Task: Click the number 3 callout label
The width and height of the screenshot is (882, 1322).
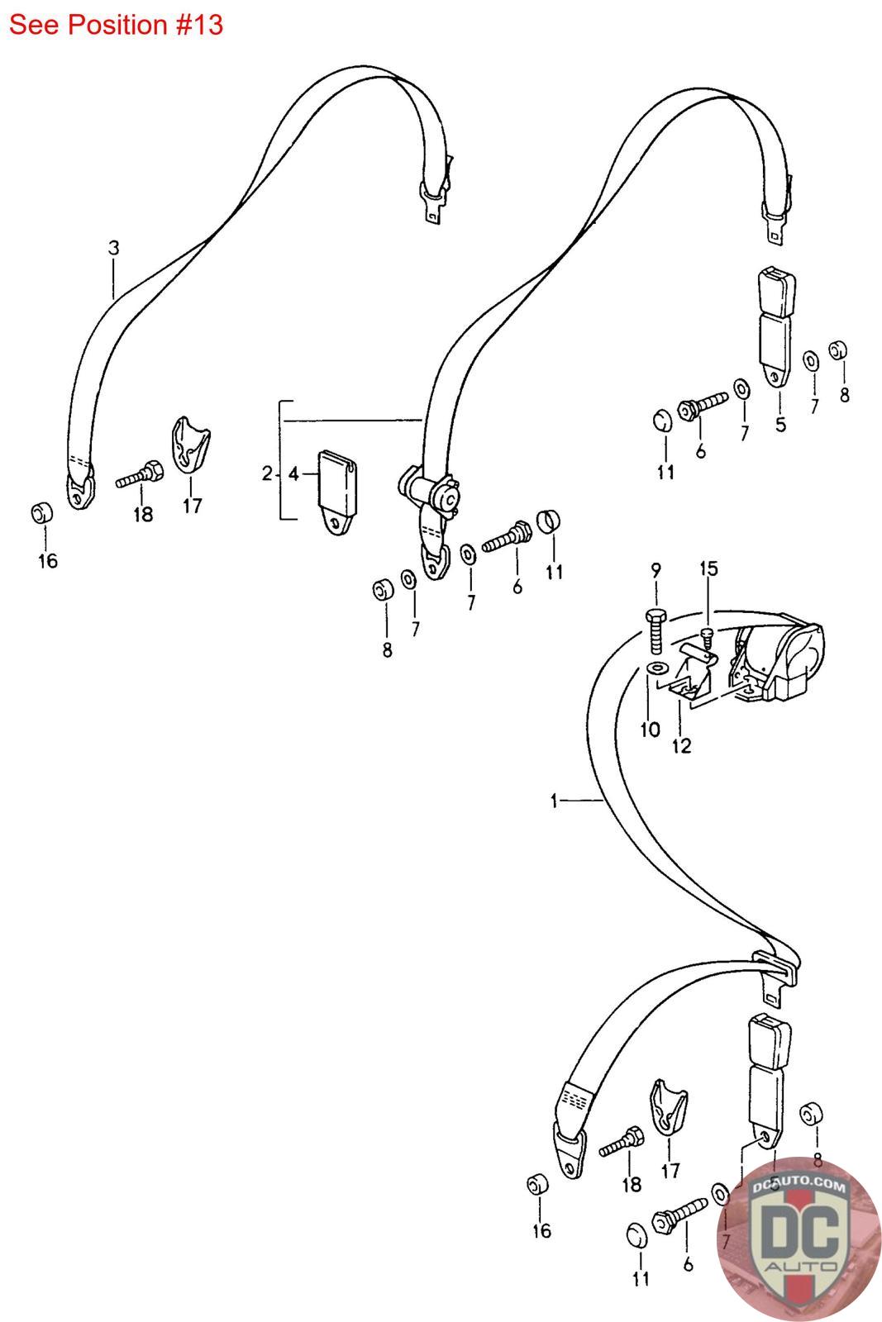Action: coord(114,247)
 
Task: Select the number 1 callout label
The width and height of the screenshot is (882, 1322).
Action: coord(555,800)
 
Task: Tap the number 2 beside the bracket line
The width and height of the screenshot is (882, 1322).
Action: coord(267,473)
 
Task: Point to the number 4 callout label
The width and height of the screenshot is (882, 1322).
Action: coord(293,474)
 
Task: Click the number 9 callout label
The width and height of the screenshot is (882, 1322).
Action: coord(656,569)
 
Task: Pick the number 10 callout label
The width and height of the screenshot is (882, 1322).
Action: coord(650,729)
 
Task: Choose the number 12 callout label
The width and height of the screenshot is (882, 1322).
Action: coord(681,746)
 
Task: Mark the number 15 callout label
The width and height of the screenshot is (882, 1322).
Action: coord(709,568)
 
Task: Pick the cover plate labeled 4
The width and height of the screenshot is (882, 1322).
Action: coord(337,491)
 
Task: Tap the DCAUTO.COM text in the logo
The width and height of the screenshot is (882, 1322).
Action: coord(799,1187)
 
